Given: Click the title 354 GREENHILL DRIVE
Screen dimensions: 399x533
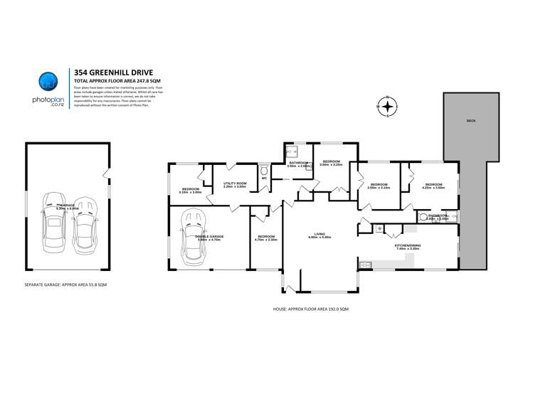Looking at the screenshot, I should coord(110,72).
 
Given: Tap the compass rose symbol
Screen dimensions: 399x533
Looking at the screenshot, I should coord(386,107).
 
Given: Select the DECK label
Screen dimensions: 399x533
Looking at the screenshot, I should coord(470,121).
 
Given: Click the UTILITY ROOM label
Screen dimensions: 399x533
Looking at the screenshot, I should coord(234,185).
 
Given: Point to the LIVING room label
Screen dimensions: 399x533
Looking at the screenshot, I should coord(320,235).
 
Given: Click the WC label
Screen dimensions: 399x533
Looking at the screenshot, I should coord(264,178).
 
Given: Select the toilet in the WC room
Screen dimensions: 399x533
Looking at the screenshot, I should coord(264,169).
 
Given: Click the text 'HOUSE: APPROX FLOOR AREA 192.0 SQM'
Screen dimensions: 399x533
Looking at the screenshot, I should coord(310,309).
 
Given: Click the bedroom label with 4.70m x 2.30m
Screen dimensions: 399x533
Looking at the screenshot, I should coord(265,238).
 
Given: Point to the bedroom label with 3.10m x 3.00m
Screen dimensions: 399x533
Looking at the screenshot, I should coord(191,191).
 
